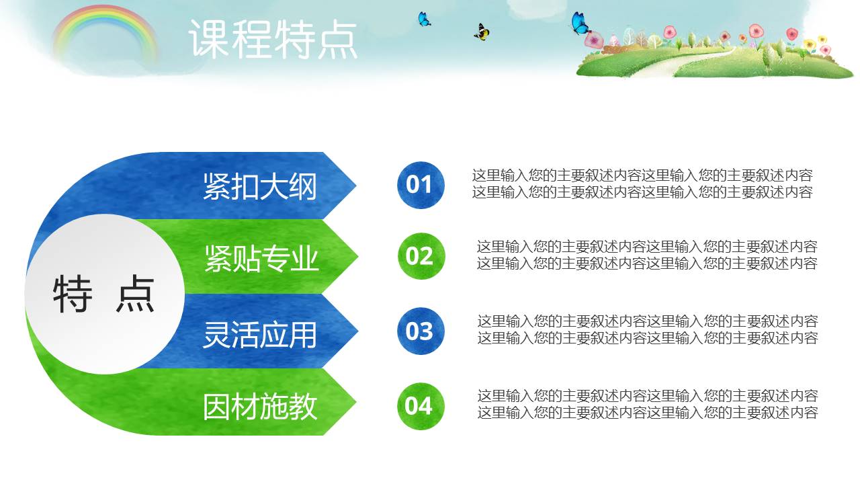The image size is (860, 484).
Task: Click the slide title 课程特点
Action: [x=273, y=39]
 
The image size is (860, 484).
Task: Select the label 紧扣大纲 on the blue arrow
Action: [x=259, y=186]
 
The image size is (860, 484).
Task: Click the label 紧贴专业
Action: [x=261, y=258]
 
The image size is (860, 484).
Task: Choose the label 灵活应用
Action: [x=259, y=334]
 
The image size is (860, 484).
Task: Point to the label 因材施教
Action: [x=259, y=407]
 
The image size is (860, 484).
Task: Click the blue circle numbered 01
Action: [x=421, y=185]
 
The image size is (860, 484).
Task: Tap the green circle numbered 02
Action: [x=421, y=256]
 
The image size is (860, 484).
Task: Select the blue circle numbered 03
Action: [x=421, y=331]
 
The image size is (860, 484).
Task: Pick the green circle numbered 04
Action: [x=421, y=406]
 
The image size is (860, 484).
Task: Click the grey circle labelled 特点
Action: [x=104, y=294]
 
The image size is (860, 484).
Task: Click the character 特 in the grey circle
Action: [x=72, y=294]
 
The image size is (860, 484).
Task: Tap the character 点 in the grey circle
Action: [x=135, y=294]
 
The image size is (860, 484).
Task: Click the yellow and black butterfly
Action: [x=482, y=32]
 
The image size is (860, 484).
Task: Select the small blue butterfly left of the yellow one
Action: [x=424, y=19]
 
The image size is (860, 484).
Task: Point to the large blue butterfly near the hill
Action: [x=580, y=24]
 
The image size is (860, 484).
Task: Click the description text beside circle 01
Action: [x=642, y=184]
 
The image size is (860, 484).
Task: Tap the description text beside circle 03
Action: [x=647, y=329]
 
